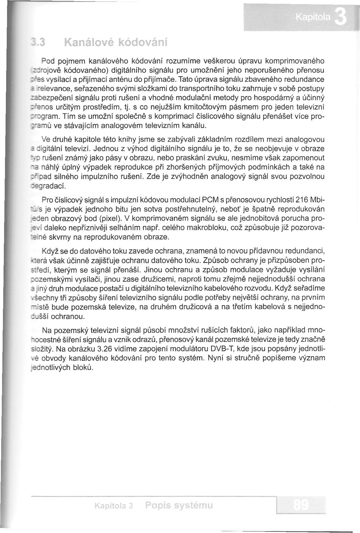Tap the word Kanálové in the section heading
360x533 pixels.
coord(86,43)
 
